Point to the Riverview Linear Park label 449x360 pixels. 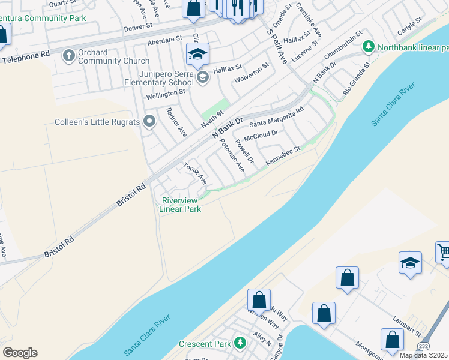(181, 205)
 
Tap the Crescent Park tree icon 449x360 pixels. (240, 343)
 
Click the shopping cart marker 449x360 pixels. (443, 252)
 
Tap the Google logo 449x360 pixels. (20, 353)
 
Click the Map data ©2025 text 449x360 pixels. (424, 355)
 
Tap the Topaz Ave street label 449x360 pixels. (195, 174)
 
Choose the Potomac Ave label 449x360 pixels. (232, 156)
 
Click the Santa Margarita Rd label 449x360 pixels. (277, 116)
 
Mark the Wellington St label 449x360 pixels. (166, 94)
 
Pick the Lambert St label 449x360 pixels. (405, 329)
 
